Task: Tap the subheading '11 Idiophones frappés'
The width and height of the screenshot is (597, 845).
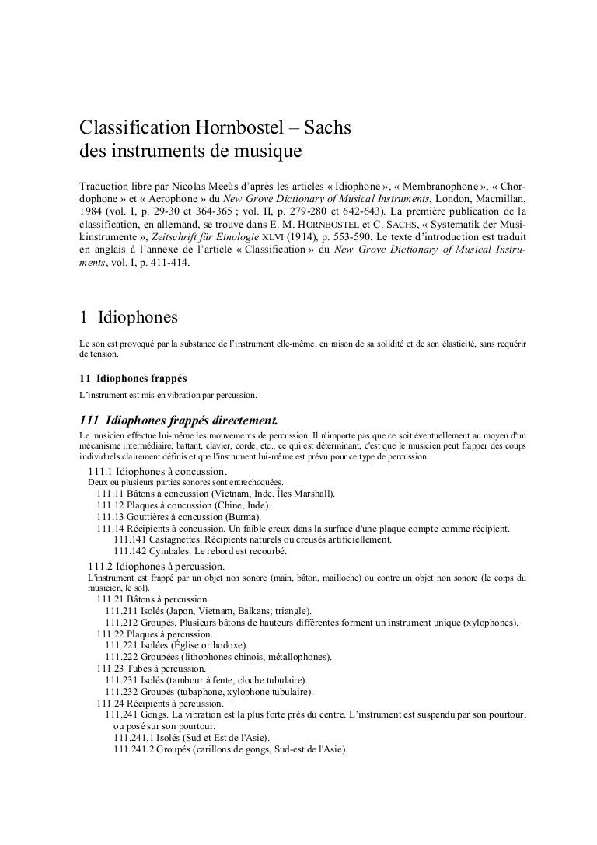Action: [x=128, y=379]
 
